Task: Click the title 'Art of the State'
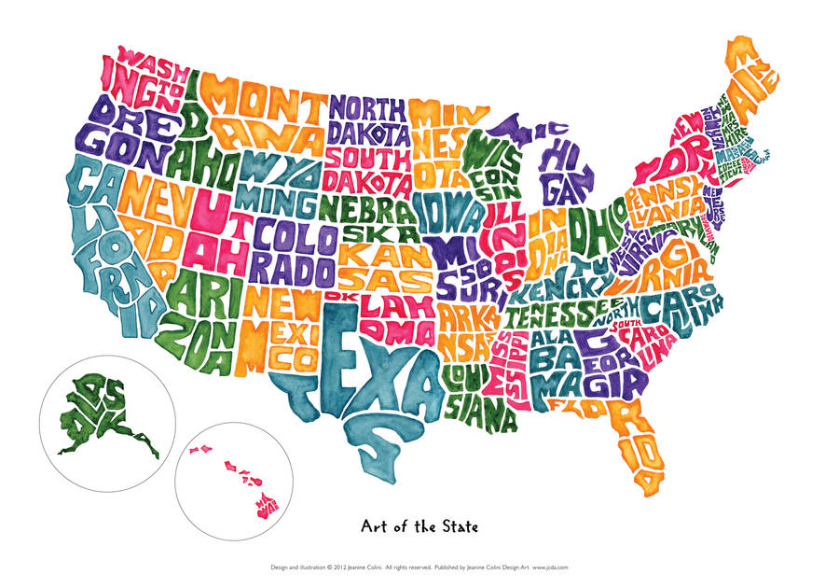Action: pyautogui.click(x=419, y=526)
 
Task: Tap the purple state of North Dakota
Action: pyautogui.click(x=368, y=121)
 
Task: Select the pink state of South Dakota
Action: pyautogui.click(x=369, y=168)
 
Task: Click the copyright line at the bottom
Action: pyautogui.click(x=419, y=566)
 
